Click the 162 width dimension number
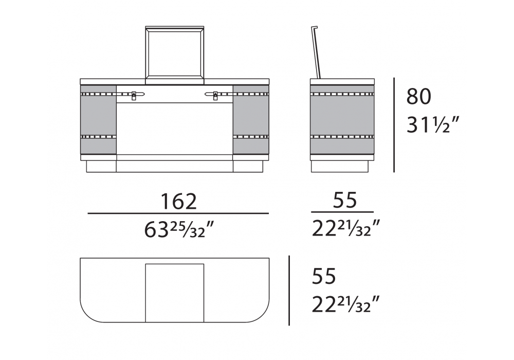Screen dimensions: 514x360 coord(179,202)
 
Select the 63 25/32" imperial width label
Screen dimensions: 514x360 coord(179,229)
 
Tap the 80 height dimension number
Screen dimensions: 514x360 coord(418,97)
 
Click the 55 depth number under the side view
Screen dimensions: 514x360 coord(345,201)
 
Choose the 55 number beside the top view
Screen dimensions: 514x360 coord(324,276)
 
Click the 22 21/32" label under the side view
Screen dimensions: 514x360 coord(346,228)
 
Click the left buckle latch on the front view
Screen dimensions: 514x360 coord(134,95)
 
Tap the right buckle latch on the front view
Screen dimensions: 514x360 coord(215,95)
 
